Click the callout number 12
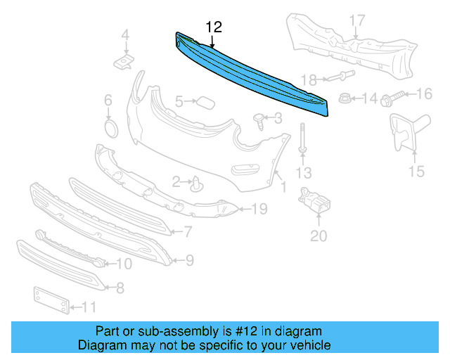214,27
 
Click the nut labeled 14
346,99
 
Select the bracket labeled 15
404,134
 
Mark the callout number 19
259,208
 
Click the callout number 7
188,231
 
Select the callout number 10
124,264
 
